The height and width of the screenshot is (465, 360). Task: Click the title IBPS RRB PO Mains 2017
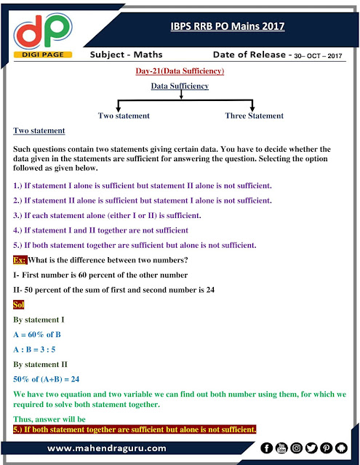pos(223,27)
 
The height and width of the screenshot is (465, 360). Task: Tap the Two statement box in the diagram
pos(124,116)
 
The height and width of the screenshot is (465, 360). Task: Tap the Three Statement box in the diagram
pos(255,116)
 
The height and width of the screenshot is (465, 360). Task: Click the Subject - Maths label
pos(124,55)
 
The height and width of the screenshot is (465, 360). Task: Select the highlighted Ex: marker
pos(20,260)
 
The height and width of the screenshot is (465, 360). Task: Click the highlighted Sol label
pos(19,305)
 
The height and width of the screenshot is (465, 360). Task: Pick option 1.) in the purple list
pos(143,185)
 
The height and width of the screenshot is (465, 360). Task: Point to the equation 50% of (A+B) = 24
pos(46,379)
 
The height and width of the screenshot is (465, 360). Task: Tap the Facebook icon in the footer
pos(267,448)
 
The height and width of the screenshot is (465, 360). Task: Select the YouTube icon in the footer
pos(281,448)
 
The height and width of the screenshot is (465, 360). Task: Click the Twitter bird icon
pos(311,448)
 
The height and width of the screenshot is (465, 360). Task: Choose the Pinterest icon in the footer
pos(327,448)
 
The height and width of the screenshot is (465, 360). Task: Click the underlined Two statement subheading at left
pos(39,131)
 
